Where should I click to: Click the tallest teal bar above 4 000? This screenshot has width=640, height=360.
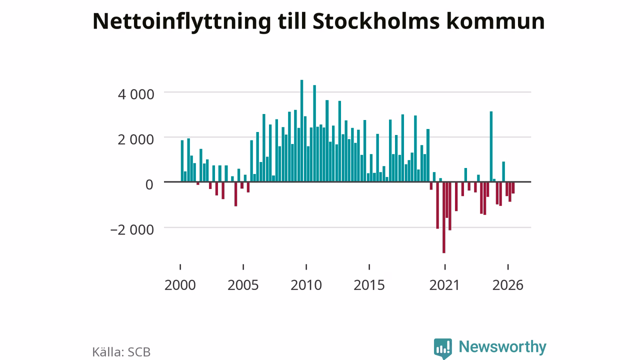pyautogui.click(x=301, y=130)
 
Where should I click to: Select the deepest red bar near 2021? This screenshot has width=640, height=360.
pyautogui.click(x=443, y=217)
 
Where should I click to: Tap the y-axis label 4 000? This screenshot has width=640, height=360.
pyautogui.click(x=136, y=94)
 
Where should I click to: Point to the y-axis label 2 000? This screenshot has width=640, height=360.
pyautogui.click(x=136, y=139)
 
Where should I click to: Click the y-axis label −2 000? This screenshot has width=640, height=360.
pyautogui.click(x=132, y=229)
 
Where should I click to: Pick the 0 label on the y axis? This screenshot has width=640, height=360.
pyautogui.click(x=149, y=184)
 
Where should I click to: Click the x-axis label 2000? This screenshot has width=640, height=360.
pyautogui.click(x=180, y=285)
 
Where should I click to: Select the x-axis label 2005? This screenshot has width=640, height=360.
pyautogui.click(x=243, y=285)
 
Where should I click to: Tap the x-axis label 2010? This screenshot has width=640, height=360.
pyautogui.click(x=306, y=285)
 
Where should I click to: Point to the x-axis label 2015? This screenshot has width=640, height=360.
pyautogui.click(x=369, y=285)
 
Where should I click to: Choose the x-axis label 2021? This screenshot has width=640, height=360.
pyautogui.click(x=444, y=285)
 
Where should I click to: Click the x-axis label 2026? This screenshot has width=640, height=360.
pyautogui.click(x=507, y=285)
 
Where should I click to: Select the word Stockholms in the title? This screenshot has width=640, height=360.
pyautogui.click(x=376, y=21)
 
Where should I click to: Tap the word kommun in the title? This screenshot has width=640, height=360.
pyautogui.click(x=495, y=21)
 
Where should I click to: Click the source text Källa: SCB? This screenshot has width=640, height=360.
pyautogui.click(x=121, y=351)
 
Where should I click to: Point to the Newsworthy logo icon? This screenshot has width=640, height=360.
pyautogui.click(x=443, y=348)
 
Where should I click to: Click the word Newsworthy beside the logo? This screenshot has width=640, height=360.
pyautogui.click(x=502, y=347)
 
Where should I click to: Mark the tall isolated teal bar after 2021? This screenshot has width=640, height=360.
pyautogui.click(x=491, y=146)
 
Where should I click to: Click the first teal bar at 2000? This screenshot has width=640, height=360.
pyautogui.click(x=182, y=161)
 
